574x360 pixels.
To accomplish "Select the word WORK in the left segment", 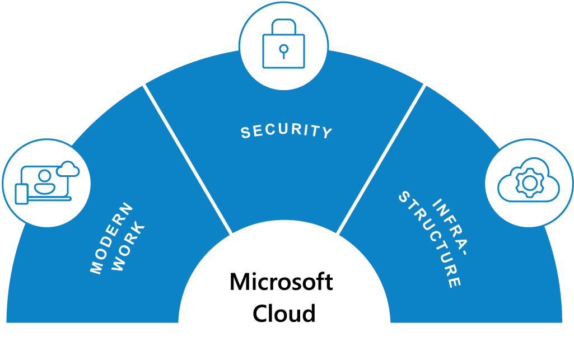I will coord(129,247).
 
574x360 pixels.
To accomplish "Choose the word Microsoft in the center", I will coord(281,282).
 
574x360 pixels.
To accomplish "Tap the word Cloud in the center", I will coord(284,313).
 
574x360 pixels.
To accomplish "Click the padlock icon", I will coord(283,44).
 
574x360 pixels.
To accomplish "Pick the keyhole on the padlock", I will coord(283,50).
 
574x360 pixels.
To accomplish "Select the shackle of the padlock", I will coord(283,26).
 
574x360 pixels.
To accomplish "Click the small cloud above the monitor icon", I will coord(68,169).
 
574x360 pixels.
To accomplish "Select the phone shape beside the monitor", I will coord(21,193).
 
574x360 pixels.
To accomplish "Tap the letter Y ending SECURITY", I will coord(327,133).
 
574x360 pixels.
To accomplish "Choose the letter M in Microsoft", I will coord(240,282).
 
